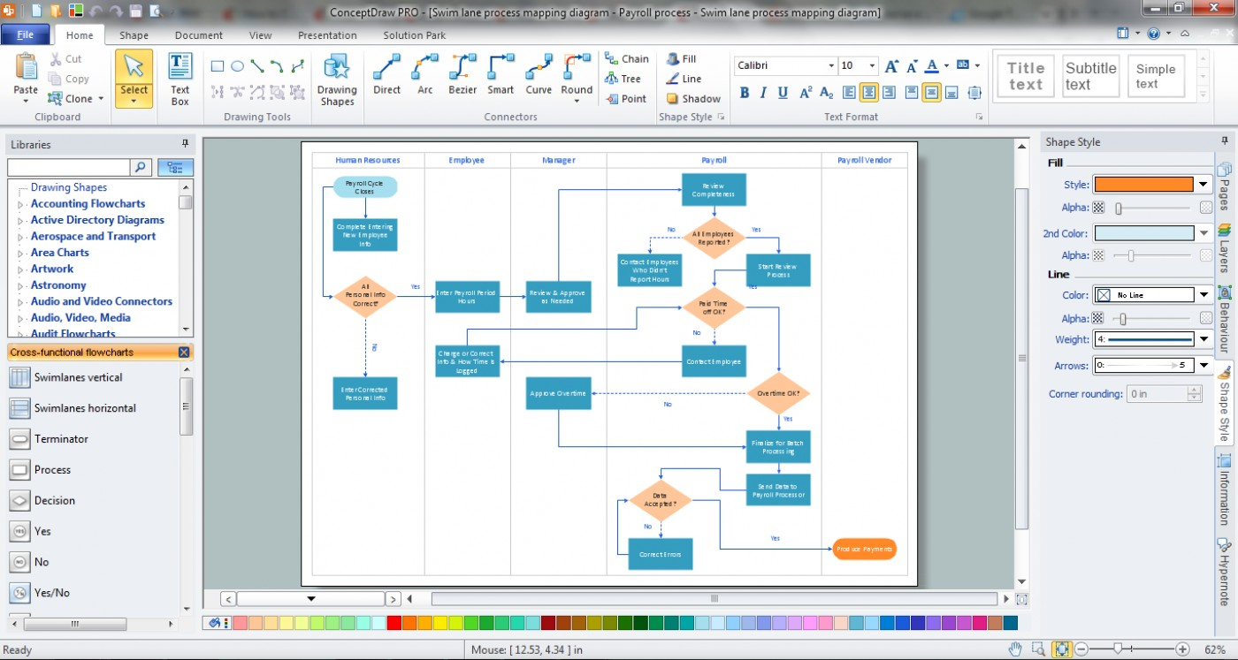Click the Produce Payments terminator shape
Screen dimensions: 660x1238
[x=864, y=549]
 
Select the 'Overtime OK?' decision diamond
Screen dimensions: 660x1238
[x=778, y=393]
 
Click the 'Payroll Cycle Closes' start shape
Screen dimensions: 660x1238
[x=365, y=187]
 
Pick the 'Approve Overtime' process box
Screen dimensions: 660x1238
[x=558, y=393]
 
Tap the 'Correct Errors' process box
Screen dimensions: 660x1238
[x=660, y=554]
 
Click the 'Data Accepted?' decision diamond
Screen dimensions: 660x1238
[x=660, y=501]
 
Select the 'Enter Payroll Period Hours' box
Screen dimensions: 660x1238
[x=467, y=296]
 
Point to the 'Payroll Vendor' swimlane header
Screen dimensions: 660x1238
[x=864, y=160]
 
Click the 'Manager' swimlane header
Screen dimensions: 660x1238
[x=558, y=160]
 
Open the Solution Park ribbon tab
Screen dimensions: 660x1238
[x=414, y=35]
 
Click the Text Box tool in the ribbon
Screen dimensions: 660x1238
[x=180, y=79]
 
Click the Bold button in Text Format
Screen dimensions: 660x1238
[x=744, y=93]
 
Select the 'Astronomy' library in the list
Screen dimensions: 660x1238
[x=58, y=285]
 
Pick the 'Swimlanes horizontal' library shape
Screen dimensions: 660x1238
[x=85, y=408]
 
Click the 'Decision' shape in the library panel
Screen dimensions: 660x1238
[x=55, y=500]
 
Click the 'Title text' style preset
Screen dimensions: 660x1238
[x=1026, y=76]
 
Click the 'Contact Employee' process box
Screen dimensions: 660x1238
[x=714, y=360]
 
